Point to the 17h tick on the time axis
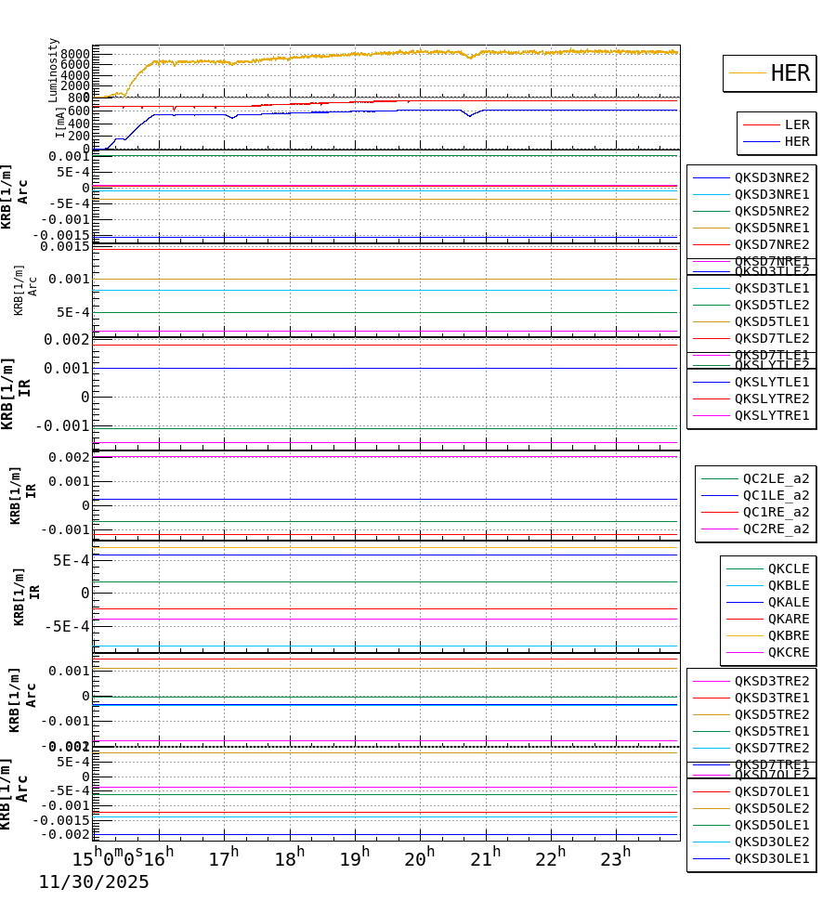(x=223, y=859)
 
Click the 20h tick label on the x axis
(x=420, y=859)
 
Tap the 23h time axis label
(x=616, y=859)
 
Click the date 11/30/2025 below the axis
(x=94, y=882)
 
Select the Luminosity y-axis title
(x=54, y=70)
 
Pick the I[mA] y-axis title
(x=60, y=122)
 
